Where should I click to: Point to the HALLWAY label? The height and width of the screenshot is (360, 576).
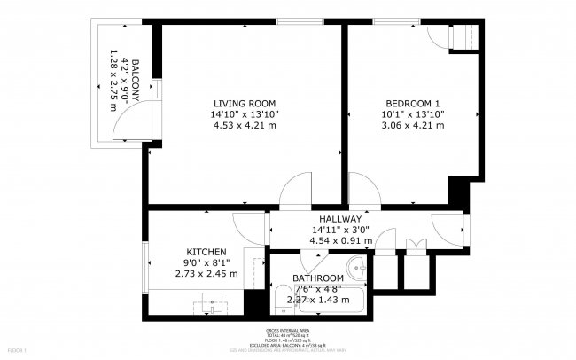[341, 219]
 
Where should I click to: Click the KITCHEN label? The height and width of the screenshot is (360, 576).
[206, 252]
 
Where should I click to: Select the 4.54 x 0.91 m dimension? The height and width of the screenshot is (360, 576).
[341, 240]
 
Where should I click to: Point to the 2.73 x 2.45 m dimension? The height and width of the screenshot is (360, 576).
[206, 274]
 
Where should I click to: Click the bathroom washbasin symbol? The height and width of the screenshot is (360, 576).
[357, 267]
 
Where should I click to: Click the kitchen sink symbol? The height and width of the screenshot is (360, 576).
[211, 302]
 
